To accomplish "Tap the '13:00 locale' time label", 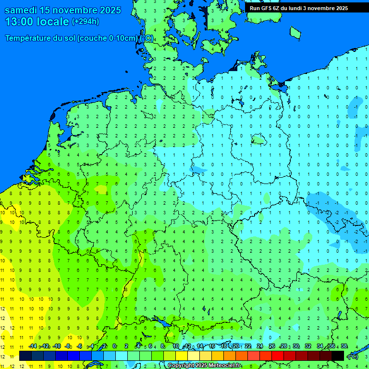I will [x=37, y=22].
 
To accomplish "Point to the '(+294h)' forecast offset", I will [x=86, y=22].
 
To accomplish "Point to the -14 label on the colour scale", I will [x=33, y=346].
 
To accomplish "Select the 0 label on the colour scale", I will [x=114, y=346].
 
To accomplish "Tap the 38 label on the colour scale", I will [x=344, y=346].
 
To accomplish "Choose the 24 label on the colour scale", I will [x=260, y=346].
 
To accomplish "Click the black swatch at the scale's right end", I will [x=338, y=356].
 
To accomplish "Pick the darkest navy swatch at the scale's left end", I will [x=25, y=356].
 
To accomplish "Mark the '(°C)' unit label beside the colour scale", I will [x=353, y=356].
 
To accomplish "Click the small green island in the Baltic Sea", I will [x=295, y=32].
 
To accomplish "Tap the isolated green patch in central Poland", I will [x=259, y=140].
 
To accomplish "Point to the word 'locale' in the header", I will [x=52, y=22].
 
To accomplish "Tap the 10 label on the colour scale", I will [x=176, y=346].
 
